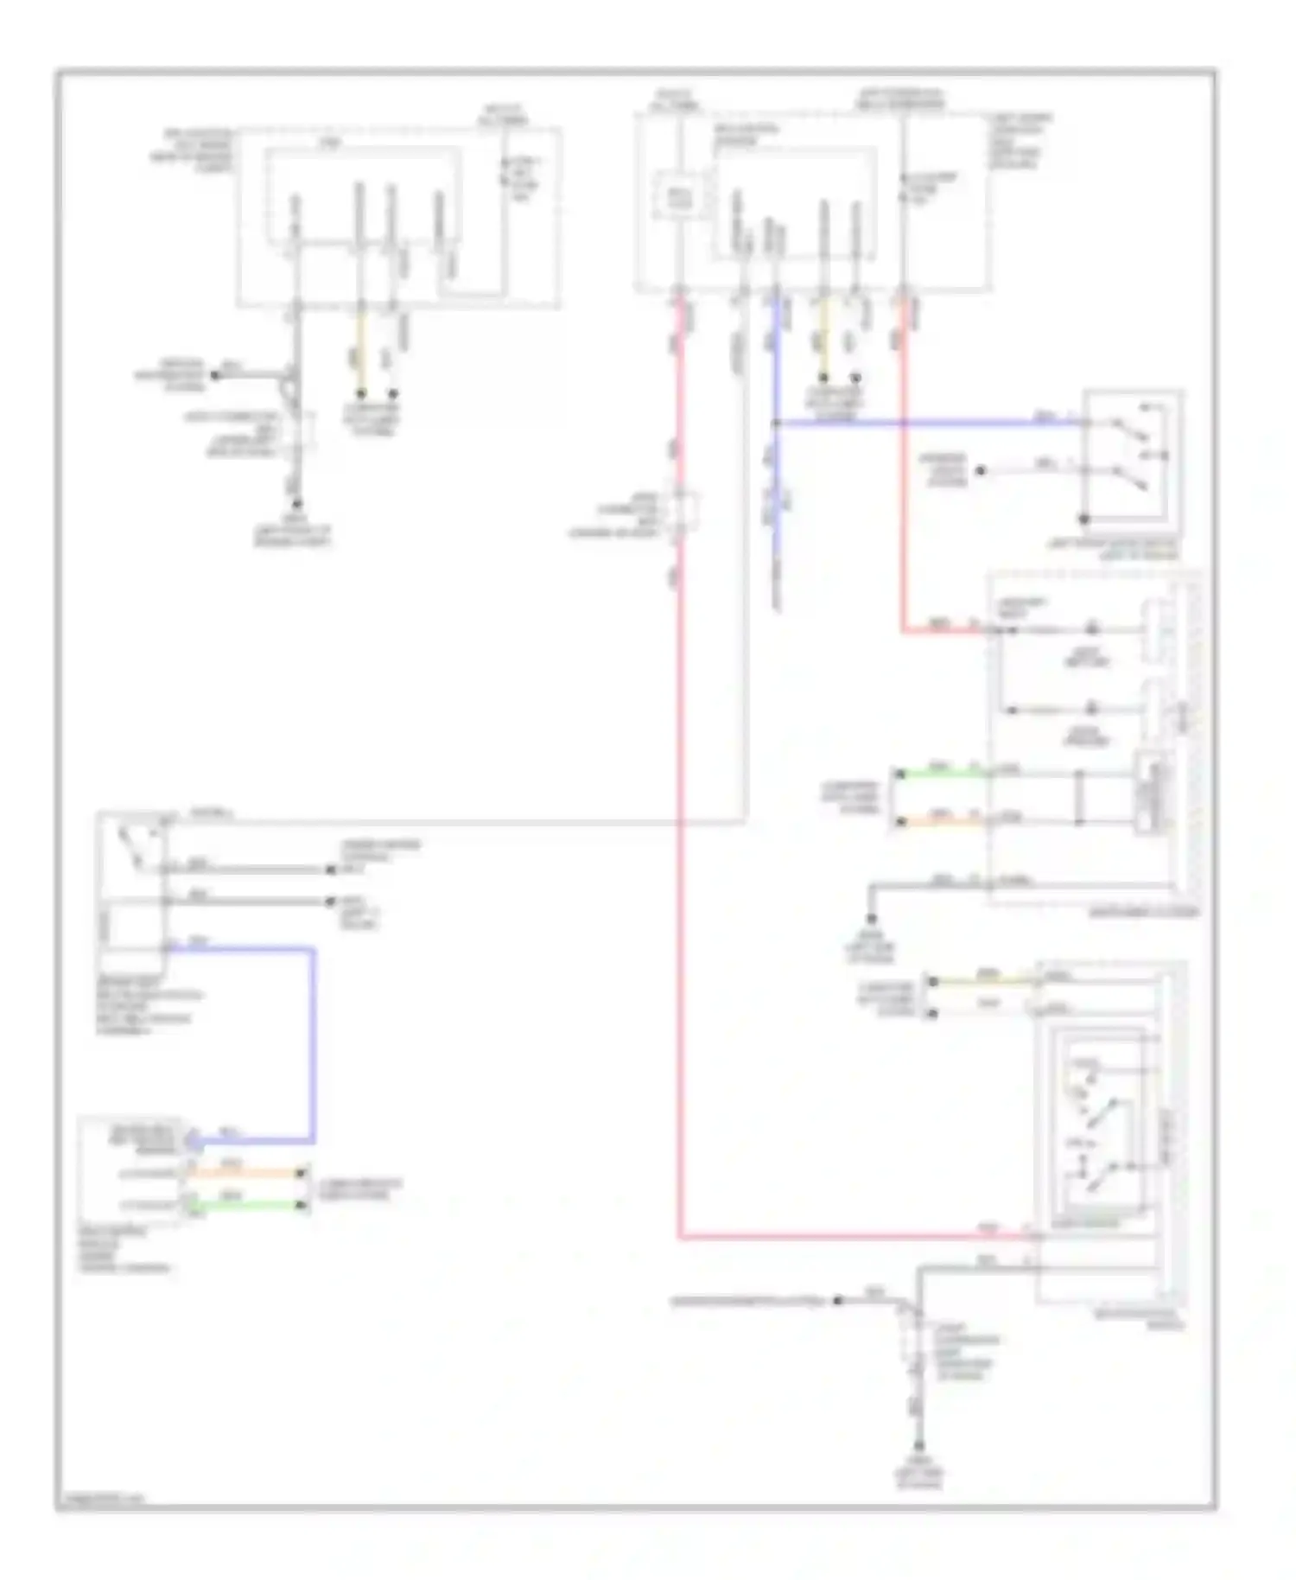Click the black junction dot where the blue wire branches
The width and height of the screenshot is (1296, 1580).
[x=775, y=424]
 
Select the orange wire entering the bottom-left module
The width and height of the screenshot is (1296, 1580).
[x=246, y=1173]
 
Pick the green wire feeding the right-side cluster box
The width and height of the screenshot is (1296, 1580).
[x=942, y=772]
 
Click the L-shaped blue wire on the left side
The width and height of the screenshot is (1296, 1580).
[x=312, y=1037]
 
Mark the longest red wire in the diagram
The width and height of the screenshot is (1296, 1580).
[x=679, y=864]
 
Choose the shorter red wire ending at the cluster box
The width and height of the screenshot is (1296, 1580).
[x=904, y=475]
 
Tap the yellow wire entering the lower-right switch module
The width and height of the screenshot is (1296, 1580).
[x=985, y=981]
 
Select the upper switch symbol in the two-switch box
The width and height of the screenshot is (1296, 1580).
[x=1128, y=424]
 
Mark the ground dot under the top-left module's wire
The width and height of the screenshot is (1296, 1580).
[x=296, y=504]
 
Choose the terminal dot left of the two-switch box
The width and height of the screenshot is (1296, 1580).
[x=981, y=472]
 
